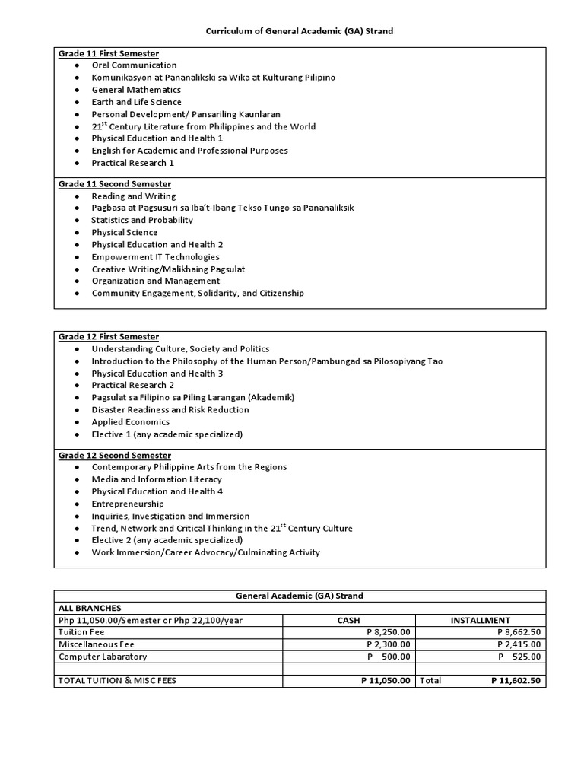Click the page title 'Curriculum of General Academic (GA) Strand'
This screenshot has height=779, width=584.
(x=300, y=31)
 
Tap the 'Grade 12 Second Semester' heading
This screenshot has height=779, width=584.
(x=115, y=455)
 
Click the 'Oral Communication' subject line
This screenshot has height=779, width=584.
(x=134, y=65)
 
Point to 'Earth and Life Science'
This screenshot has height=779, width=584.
(x=136, y=102)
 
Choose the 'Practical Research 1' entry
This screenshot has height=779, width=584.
(x=132, y=163)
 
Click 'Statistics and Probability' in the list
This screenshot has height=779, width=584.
(x=142, y=220)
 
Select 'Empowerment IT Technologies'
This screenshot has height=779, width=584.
(x=155, y=256)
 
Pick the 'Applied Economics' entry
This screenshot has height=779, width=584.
(x=131, y=421)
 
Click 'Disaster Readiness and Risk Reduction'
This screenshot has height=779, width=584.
(x=170, y=409)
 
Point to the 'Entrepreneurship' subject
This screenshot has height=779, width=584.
(x=129, y=504)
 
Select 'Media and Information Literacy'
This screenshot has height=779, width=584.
(x=157, y=479)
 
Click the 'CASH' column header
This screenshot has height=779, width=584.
(x=348, y=620)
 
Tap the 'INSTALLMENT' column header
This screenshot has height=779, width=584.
(x=481, y=620)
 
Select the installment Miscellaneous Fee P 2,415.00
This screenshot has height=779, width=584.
(x=519, y=644)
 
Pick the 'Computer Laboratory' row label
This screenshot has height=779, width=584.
(x=103, y=657)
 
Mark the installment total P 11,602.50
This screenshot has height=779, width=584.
(x=516, y=681)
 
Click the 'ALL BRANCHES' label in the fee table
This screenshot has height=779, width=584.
(x=89, y=608)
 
